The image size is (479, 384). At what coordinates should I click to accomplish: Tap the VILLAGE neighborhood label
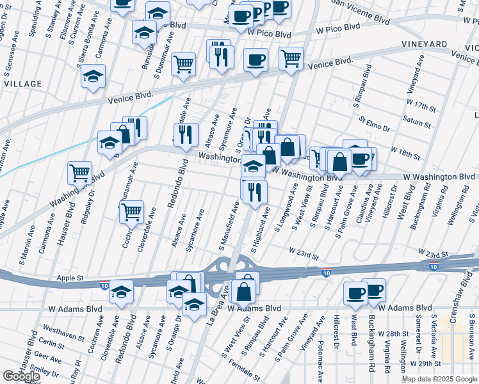click(23, 84)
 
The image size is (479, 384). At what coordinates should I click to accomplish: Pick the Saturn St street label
click(416, 119)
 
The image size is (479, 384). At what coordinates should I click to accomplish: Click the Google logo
click(21, 376)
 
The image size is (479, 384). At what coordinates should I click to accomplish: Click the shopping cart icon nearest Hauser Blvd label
click(79, 172)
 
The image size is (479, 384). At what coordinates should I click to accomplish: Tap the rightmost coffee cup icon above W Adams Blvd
click(374, 291)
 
